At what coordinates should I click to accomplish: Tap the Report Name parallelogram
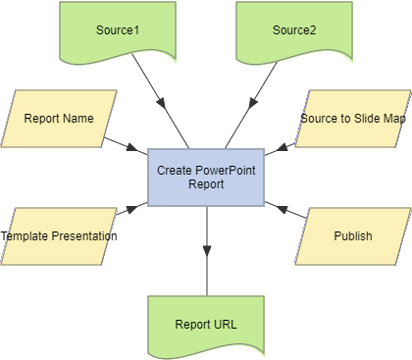click(x=59, y=119)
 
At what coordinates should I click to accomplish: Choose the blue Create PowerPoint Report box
click(x=206, y=178)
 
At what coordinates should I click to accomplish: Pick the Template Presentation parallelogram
click(x=59, y=236)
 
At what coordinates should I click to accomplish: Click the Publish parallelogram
click(x=353, y=236)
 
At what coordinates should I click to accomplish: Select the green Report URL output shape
click(x=206, y=324)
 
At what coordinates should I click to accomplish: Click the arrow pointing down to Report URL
click(x=206, y=250)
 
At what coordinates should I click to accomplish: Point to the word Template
click(x=26, y=236)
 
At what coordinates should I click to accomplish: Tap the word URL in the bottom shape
click(x=224, y=325)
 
